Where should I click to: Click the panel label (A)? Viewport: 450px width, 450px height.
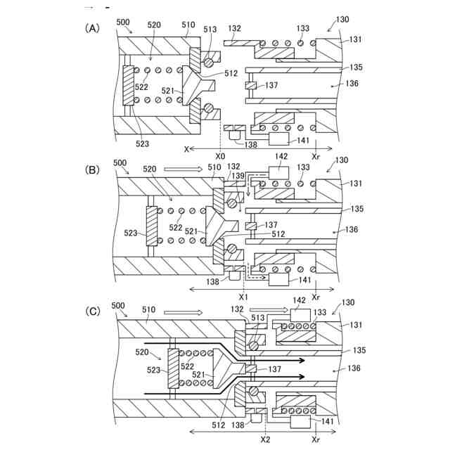click(x=92, y=28)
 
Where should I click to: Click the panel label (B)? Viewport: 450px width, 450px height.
click(x=92, y=170)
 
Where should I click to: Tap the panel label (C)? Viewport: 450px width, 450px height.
click(x=93, y=311)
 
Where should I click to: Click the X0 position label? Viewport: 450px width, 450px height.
click(x=220, y=156)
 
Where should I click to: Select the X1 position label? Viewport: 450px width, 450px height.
click(x=243, y=297)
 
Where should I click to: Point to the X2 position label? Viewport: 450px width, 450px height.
click(x=266, y=439)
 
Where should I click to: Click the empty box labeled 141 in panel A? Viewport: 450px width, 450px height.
click(x=278, y=139)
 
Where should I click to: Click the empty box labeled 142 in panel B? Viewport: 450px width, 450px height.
click(x=278, y=173)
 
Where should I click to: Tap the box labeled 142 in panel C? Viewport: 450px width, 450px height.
click(x=300, y=316)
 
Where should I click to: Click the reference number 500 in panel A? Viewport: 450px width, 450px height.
click(x=123, y=22)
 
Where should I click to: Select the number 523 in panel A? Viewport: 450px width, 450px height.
click(x=142, y=143)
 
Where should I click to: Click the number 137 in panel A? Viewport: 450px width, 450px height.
click(x=271, y=85)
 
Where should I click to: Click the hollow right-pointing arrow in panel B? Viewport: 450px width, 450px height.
click(x=183, y=169)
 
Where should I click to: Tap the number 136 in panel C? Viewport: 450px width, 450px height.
click(x=354, y=368)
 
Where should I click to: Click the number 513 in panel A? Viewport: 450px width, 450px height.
click(x=210, y=30)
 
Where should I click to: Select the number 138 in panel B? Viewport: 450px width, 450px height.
click(x=212, y=281)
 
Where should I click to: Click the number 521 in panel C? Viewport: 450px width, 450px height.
click(x=198, y=374)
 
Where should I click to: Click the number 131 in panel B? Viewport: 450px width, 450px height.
click(x=356, y=183)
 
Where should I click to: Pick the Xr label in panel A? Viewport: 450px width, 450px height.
click(x=316, y=157)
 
